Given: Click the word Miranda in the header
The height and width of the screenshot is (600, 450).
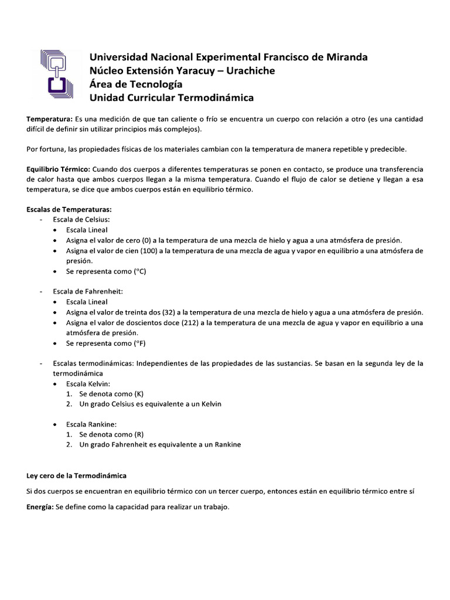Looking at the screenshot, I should [346, 57].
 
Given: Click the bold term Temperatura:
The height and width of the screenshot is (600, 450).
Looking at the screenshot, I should [50, 119].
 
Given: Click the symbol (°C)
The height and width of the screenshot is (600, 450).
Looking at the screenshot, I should [139, 272].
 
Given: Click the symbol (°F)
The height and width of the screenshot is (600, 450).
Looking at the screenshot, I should [139, 343].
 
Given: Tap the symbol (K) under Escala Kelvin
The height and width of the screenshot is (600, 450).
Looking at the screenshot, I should [139, 394].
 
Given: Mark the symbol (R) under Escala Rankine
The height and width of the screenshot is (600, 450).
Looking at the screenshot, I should [139, 434].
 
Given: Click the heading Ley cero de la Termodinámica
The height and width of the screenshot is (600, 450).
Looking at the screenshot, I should [77, 475].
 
